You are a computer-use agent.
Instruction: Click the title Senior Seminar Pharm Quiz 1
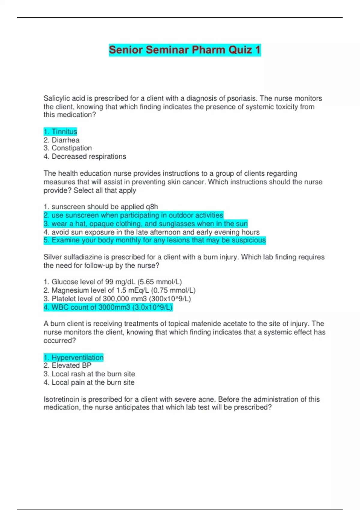tap(184, 50)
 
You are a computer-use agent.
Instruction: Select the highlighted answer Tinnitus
tap(60, 132)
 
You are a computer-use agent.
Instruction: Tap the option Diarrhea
tap(61, 140)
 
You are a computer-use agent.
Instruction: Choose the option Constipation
tap(67, 148)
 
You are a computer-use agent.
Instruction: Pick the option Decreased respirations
tap(85, 157)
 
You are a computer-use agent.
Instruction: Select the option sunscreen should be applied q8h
tap(101, 207)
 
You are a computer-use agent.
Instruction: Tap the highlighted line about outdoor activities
tap(133, 215)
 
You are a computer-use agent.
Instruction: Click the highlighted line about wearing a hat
tap(145, 223)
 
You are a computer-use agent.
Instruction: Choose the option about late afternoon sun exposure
tap(151, 232)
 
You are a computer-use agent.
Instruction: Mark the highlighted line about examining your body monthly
tap(154, 240)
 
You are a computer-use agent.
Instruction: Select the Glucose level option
tap(112, 282)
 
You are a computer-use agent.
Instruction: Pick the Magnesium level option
tap(119, 290)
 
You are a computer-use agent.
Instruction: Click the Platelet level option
tap(117, 299)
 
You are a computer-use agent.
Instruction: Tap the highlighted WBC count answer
tap(108, 307)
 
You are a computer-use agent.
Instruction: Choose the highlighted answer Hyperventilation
tap(73, 357)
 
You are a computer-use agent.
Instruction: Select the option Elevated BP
tap(67, 365)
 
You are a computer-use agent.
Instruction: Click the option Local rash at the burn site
tap(89, 374)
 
